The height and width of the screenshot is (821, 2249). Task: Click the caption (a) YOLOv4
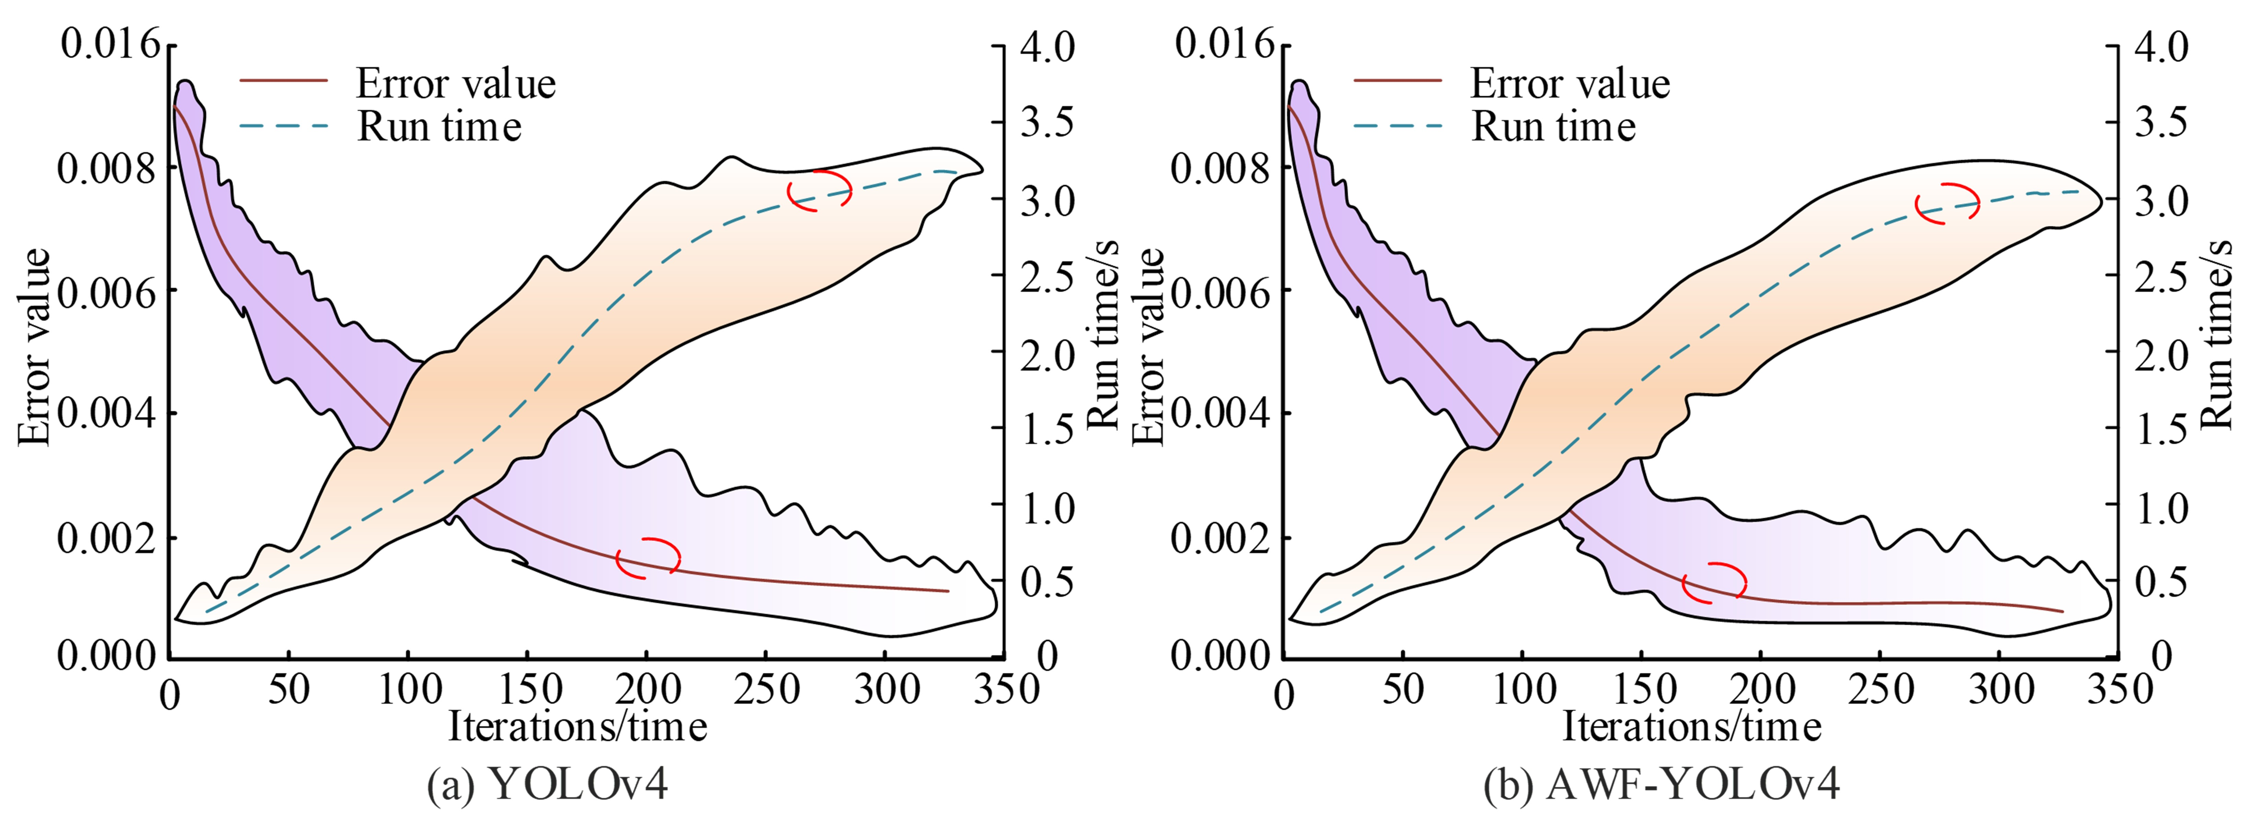547,784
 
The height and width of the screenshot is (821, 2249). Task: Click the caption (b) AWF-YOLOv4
1662,784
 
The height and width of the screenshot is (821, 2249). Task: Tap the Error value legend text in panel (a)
456,84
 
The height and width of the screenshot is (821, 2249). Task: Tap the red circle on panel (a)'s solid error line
648,558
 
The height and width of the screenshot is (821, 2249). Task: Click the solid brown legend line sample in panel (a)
284,80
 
